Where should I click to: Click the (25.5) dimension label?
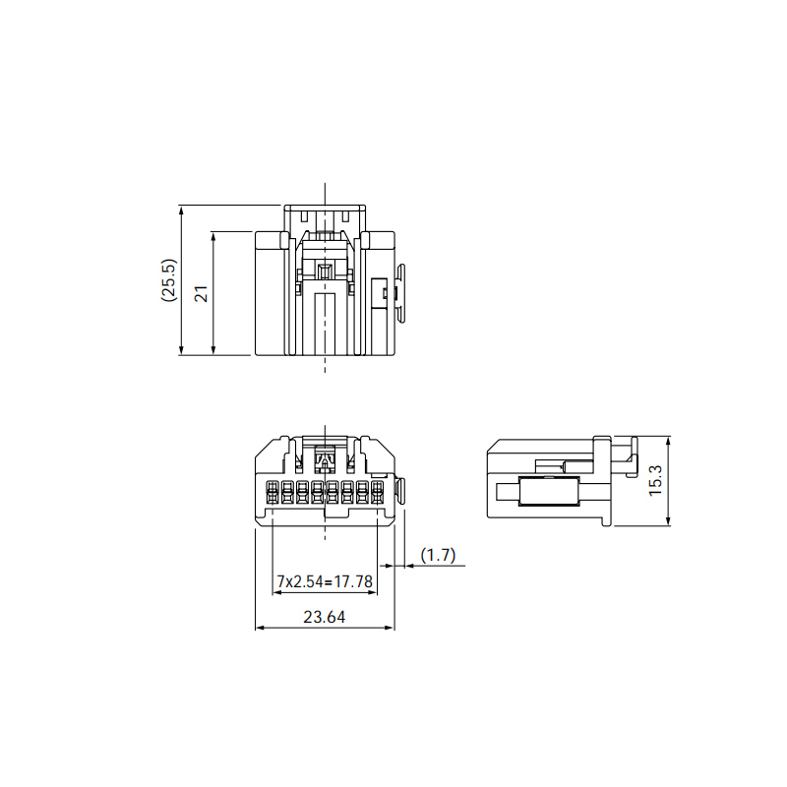click(x=168, y=280)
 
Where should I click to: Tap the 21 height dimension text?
click(x=201, y=293)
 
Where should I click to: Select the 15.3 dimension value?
click(x=655, y=481)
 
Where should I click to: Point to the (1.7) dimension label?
click(x=438, y=555)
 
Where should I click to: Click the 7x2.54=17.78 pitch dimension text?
click(x=325, y=581)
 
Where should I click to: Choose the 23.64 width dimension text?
click(x=325, y=617)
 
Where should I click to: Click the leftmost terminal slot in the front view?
click(x=272, y=492)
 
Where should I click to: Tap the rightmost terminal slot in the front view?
click(x=377, y=492)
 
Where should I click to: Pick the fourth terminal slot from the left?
click(x=317, y=492)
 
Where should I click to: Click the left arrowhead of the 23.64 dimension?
click(x=259, y=628)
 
